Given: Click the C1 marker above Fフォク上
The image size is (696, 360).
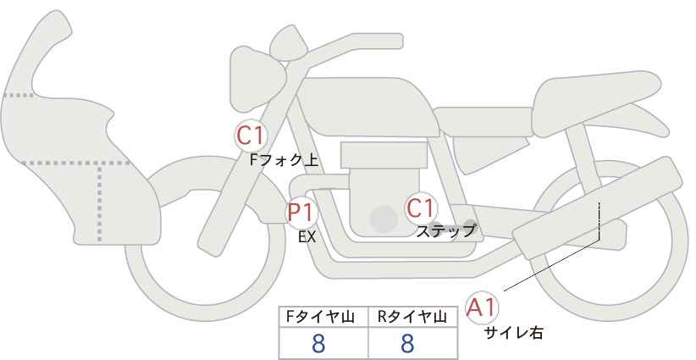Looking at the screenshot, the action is click(x=251, y=136).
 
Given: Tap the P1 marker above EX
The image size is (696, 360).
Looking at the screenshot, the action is click(x=301, y=213).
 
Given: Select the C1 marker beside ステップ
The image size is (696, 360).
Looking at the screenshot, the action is click(x=420, y=208).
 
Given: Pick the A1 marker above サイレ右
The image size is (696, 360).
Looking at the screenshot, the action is click(x=482, y=307).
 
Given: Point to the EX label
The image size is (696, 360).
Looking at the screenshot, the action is click(x=307, y=237).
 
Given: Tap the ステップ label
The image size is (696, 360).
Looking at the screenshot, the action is click(x=445, y=231).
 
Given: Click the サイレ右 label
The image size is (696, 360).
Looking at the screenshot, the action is click(x=513, y=333).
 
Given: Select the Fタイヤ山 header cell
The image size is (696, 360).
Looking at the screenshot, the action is click(x=323, y=317).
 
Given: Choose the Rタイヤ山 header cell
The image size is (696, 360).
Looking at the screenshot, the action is click(x=412, y=317).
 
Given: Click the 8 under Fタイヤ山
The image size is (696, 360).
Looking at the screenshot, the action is click(x=318, y=343).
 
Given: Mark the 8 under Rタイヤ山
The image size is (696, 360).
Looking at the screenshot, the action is click(x=407, y=343).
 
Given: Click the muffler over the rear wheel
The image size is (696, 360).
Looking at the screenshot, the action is click(x=597, y=208).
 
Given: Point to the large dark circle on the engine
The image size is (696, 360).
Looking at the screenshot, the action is click(x=384, y=219).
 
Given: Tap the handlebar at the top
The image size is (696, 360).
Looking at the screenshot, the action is click(x=342, y=49).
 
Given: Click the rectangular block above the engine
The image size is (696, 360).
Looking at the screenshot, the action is click(x=384, y=155).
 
